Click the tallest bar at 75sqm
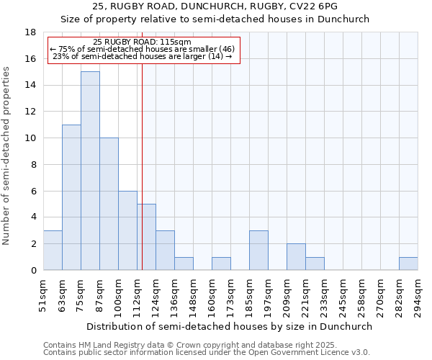coord(90,171)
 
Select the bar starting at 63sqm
coord(71,197)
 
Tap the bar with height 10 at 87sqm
coord(109,204)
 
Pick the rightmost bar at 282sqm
coord(408,264)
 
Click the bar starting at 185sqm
coord(258,250)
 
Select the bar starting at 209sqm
coord(296,257)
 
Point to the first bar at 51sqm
coord(53,250)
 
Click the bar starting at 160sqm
coord(221,264)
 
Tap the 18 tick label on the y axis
coord(31,32)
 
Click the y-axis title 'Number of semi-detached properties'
coord(6,156)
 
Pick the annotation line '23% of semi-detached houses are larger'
coord(143,57)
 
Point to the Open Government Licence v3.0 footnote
coord(207,353)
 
